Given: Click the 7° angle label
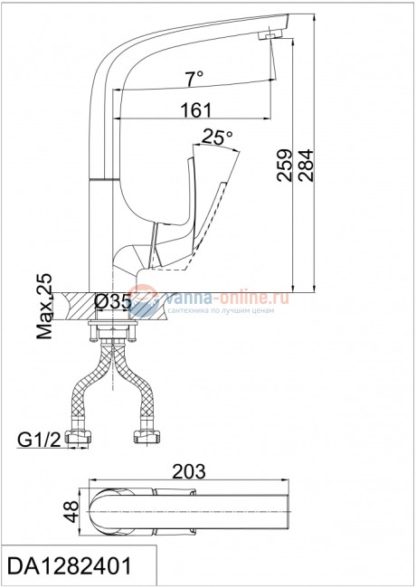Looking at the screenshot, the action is [194, 79].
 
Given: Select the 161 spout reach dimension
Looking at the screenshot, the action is [196, 109].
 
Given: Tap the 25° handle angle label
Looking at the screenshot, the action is [217, 138].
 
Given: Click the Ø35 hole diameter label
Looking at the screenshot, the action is [113, 302].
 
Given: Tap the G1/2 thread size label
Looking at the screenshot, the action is [39, 440].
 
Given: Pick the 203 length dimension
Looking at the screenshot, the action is [189, 471].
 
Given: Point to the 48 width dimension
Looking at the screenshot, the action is [71, 511].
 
